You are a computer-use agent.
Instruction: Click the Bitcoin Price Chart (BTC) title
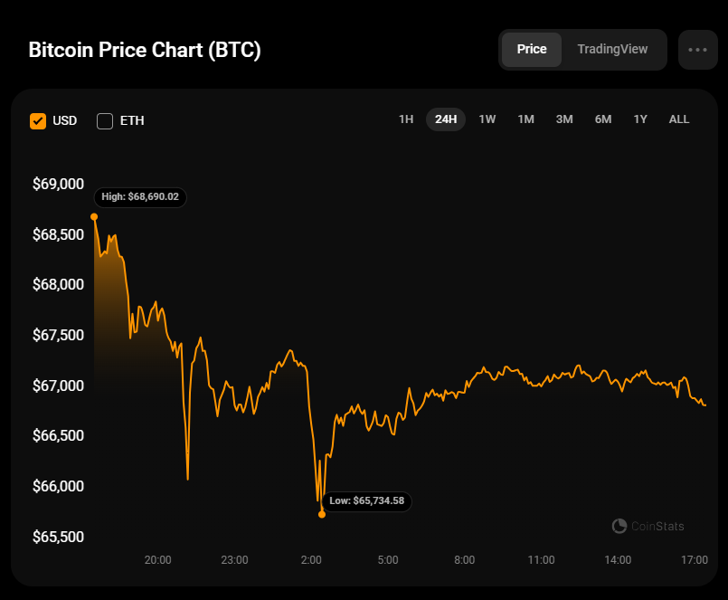click(145, 50)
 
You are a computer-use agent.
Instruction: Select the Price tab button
click(532, 49)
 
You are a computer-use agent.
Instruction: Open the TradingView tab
click(612, 49)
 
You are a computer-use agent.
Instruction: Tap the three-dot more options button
click(697, 50)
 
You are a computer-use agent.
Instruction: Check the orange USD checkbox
click(38, 120)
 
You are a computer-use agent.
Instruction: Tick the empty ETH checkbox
click(105, 120)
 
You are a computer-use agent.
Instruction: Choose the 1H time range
click(406, 119)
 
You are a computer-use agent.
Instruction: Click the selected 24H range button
click(446, 119)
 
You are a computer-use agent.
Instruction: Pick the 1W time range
click(487, 119)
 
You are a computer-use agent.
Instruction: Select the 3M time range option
click(564, 119)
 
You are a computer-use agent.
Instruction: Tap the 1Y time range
click(640, 119)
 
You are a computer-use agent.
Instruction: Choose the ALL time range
click(679, 119)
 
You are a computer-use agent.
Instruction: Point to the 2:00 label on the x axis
click(311, 560)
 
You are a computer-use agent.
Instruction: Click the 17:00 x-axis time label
click(695, 560)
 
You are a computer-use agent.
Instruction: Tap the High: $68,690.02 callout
click(140, 196)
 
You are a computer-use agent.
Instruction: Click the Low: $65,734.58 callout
click(367, 500)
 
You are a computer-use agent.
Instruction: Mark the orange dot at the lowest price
click(322, 514)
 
